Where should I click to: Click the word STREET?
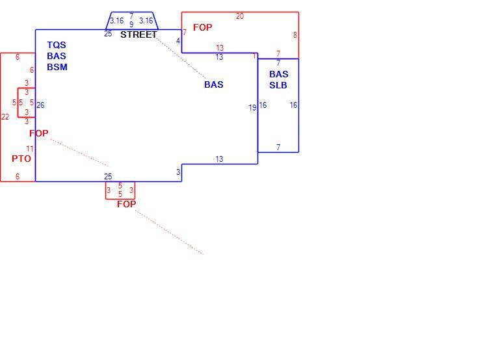pos(138,34)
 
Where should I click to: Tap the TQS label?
pos(57,45)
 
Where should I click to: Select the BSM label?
pos(57,68)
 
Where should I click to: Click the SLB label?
pos(278,85)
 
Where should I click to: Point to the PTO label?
pos(21,159)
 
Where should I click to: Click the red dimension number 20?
pos(240,16)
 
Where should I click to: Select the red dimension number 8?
pos(295,35)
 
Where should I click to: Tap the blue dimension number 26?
pos(40,105)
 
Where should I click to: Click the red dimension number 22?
pos(5,117)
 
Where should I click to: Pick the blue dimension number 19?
pos(252,108)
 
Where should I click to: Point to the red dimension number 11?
pos(29,149)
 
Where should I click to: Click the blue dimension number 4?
pos(178,41)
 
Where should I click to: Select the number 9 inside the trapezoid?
pos(131,25)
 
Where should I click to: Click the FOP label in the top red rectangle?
pos(203,28)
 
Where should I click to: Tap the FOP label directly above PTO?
pos(39,133)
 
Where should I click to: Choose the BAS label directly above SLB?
pos(279,74)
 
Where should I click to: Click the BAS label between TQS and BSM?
pos(57,56)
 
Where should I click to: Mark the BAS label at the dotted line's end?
pos(214,84)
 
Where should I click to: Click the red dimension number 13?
pos(220,48)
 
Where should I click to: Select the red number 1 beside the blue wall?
pos(254,56)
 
